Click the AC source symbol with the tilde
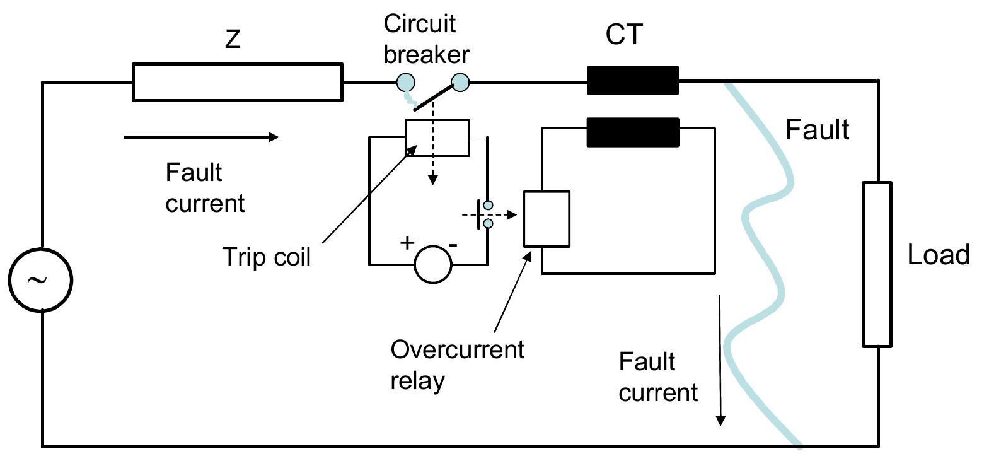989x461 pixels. (40, 279)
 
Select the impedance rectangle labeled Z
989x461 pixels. (237, 82)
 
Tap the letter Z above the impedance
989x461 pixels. (233, 40)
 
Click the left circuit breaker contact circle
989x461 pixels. (405, 82)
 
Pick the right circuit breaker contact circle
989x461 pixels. (460, 82)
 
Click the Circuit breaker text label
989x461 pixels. (426, 39)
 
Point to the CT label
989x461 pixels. (623, 34)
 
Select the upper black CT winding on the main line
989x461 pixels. (633, 81)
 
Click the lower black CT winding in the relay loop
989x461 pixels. (633, 132)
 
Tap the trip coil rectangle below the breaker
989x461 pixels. (437, 137)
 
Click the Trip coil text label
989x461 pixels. (267, 257)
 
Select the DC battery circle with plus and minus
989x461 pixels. (433, 264)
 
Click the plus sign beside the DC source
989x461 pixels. (407, 242)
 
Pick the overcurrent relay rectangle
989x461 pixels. (547, 219)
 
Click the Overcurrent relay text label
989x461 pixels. (456, 365)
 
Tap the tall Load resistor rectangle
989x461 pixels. (877, 264)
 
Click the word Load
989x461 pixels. (938, 255)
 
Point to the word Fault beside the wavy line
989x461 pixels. (817, 130)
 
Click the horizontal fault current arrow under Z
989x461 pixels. (201, 137)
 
